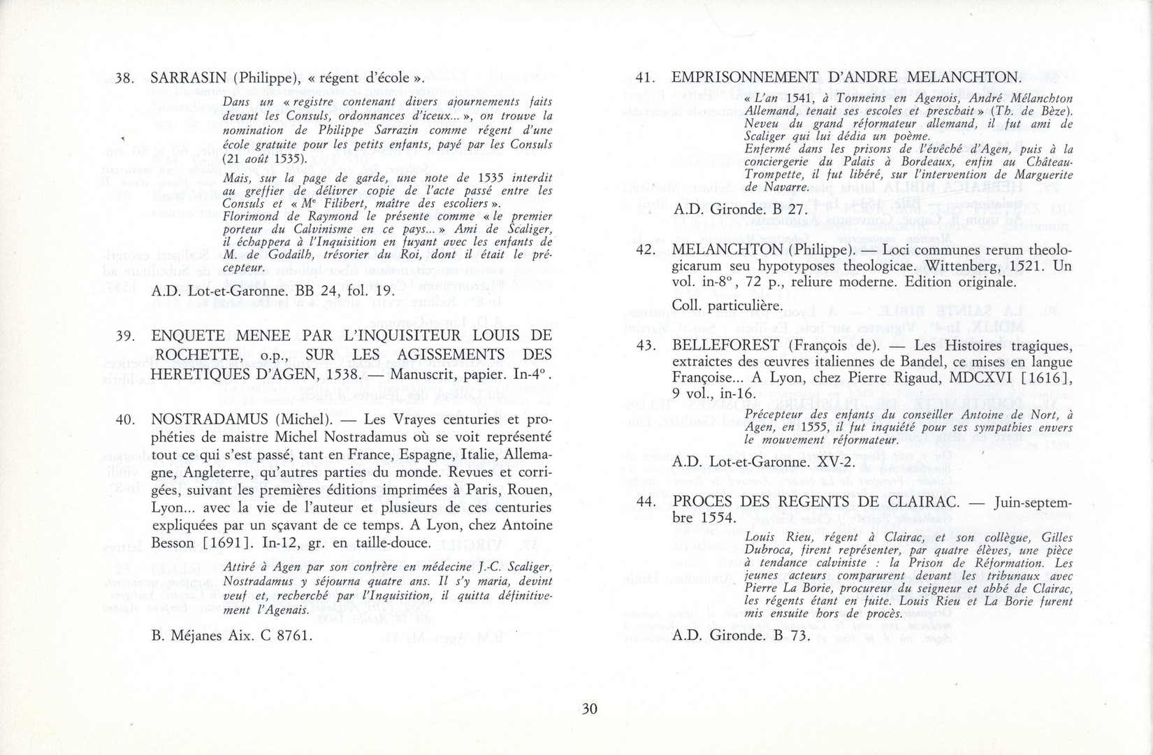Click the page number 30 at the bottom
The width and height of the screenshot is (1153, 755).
[x=589, y=709]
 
